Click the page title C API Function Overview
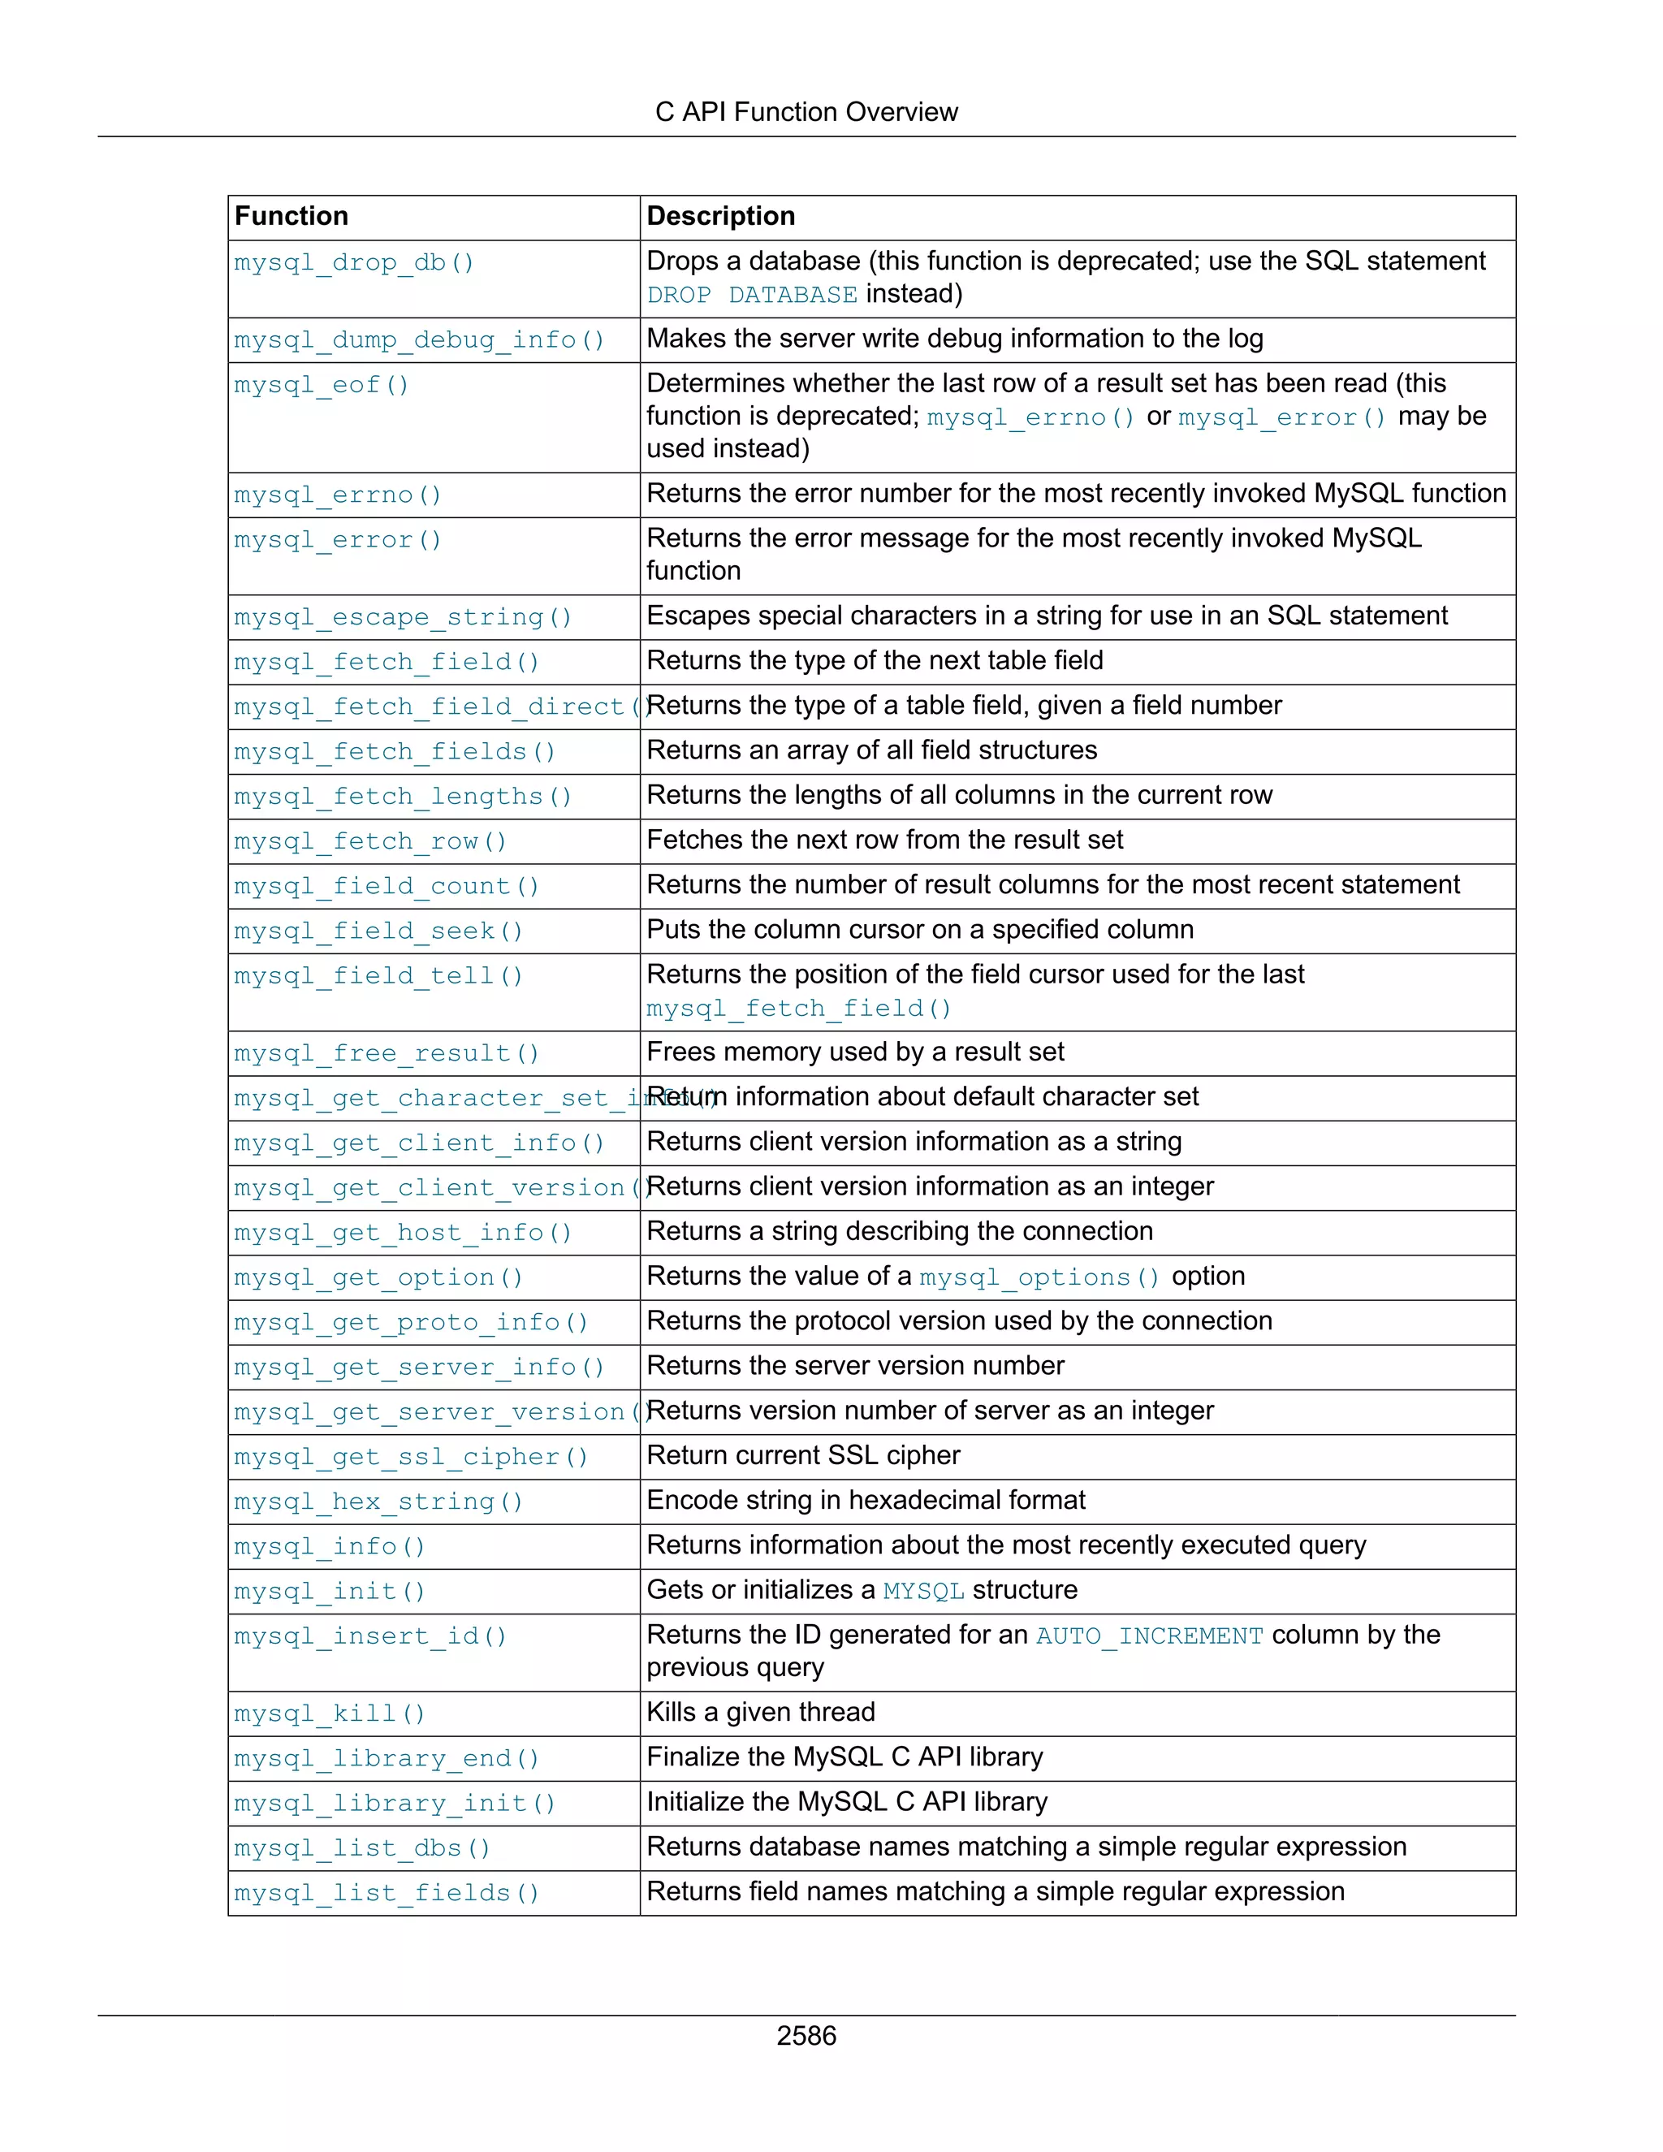coord(806,112)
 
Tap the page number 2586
coord(806,2036)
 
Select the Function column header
coord(292,217)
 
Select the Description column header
coord(720,217)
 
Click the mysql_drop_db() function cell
coord(355,263)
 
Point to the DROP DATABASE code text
coord(752,296)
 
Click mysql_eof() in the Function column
coord(322,385)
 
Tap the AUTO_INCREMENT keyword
coord(1149,1636)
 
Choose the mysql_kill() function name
coord(330,1714)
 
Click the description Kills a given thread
coord(761,1713)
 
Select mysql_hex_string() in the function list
coord(378,1502)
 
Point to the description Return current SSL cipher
coord(803,1456)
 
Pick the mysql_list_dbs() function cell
coord(361,1848)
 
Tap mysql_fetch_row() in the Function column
coord(370,842)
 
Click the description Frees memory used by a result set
coord(855,1052)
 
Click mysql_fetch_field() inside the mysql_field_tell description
coord(798,1009)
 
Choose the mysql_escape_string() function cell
coord(403,618)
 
